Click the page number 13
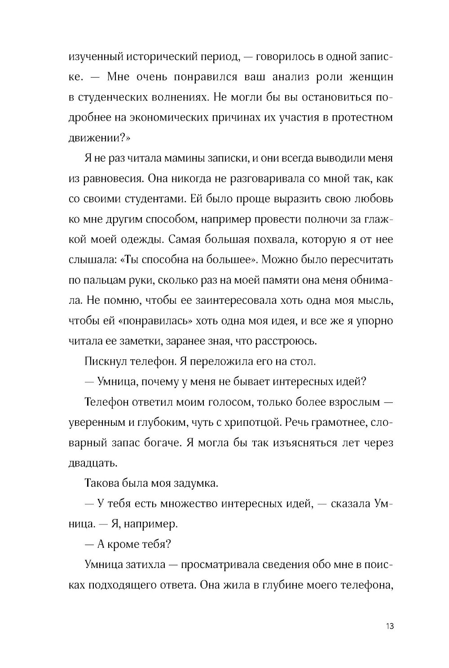point(389,626)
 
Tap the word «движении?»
point(97,137)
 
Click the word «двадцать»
point(93,463)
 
